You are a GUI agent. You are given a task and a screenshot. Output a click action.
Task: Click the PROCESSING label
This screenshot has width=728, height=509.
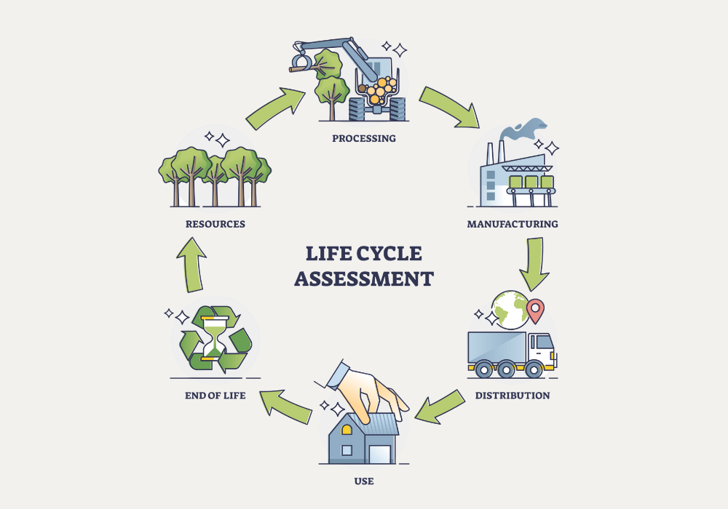tap(364, 138)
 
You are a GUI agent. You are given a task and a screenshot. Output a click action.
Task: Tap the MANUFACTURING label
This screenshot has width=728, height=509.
tap(513, 224)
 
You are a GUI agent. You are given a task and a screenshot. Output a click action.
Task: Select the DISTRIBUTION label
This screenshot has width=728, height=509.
tap(513, 396)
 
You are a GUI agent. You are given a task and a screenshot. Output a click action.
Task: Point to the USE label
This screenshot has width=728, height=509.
tap(364, 481)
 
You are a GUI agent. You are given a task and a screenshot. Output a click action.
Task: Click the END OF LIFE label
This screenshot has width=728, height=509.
tap(215, 396)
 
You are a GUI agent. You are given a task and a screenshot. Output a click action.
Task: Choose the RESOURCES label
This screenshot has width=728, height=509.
tap(215, 224)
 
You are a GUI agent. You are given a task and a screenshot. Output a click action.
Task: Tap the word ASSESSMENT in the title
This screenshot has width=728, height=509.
tap(364, 279)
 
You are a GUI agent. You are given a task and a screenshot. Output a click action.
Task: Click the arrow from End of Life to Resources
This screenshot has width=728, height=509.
tap(192, 263)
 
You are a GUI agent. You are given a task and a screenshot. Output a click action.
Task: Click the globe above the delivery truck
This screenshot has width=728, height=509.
tap(510, 309)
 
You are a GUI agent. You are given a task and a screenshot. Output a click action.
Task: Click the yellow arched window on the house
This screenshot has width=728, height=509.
tap(347, 429)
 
